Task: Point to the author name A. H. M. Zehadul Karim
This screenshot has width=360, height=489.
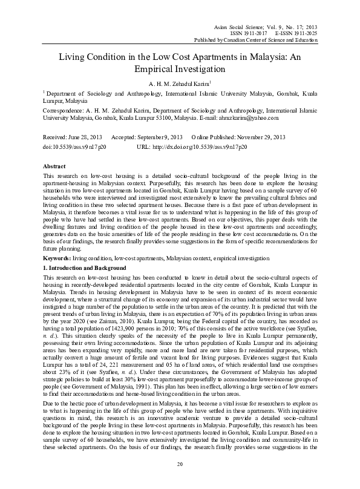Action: coord(178,83)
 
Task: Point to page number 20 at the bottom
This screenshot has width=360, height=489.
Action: coord(180,481)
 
